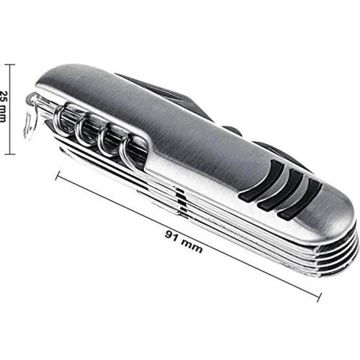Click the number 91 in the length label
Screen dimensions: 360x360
click(172, 235)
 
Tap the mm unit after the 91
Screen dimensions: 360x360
click(192, 246)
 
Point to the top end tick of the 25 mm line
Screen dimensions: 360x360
click(10, 65)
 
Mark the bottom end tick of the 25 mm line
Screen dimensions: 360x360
click(10, 154)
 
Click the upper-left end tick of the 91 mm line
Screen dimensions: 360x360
click(58, 175)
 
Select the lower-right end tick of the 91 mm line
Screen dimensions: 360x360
click(320, 297)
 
